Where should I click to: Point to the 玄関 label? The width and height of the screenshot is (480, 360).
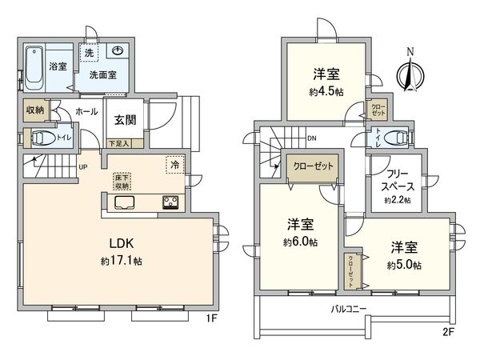pos(125,120)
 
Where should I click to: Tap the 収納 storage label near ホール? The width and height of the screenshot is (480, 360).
pos(34,109)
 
